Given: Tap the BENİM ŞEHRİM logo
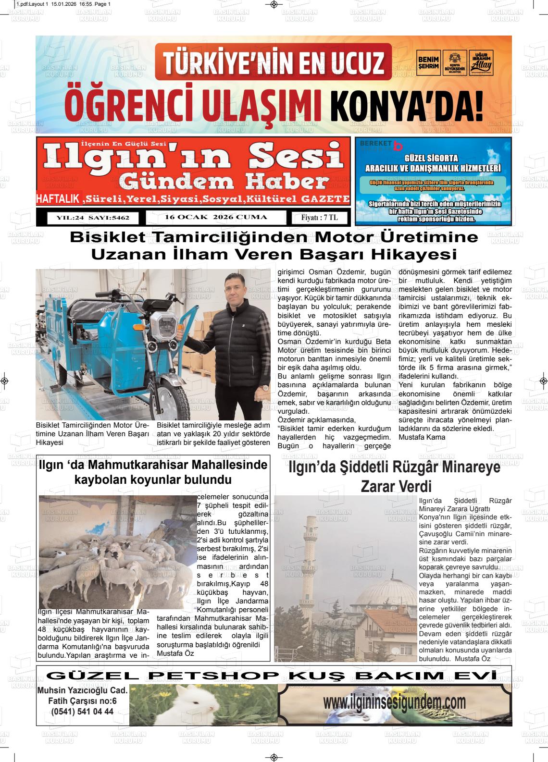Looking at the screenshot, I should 428,62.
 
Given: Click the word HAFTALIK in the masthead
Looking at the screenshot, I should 58,199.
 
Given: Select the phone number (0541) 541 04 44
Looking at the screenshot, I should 82,712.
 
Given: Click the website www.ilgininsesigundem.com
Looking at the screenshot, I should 394,702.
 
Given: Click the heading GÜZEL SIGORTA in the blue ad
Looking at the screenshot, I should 432,158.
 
